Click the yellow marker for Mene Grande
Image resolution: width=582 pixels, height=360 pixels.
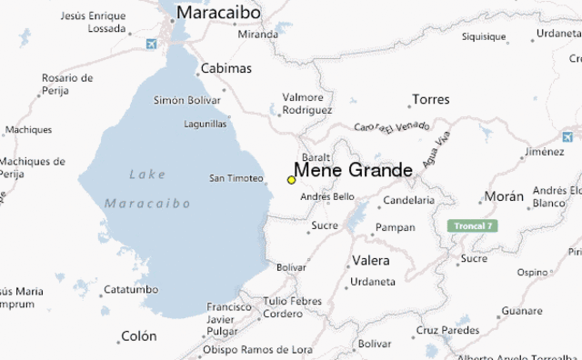coord(291,180)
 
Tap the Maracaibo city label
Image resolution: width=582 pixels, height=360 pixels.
coord(218,13)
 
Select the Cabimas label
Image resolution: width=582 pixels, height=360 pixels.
coord(226,68)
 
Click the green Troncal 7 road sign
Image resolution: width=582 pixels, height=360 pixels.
coord(472,225)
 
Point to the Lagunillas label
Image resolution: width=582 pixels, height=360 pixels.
coord(205,125)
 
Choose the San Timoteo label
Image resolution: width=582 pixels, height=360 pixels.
coord(236,178)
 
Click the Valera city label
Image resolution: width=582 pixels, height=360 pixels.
coord(370,261)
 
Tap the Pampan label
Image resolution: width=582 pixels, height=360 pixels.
coord(395,227)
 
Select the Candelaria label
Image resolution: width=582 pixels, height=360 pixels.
coord(409,200)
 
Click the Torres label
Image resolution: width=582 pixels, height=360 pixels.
coord(430,99)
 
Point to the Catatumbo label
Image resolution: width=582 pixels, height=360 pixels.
coord(130,290)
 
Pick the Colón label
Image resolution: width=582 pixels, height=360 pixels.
coord(138,336)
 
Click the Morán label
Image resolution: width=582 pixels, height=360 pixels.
coord(504,196)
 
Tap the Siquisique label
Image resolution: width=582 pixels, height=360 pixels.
coord(484,37)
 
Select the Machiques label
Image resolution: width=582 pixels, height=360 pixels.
coord(28,130)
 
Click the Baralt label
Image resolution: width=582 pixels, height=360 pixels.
coord(316,156)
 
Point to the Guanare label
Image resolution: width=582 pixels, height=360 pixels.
coord(521,311)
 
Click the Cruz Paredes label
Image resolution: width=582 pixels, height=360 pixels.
coord(447,330)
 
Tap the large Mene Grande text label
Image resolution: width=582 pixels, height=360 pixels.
coord(353,171)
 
